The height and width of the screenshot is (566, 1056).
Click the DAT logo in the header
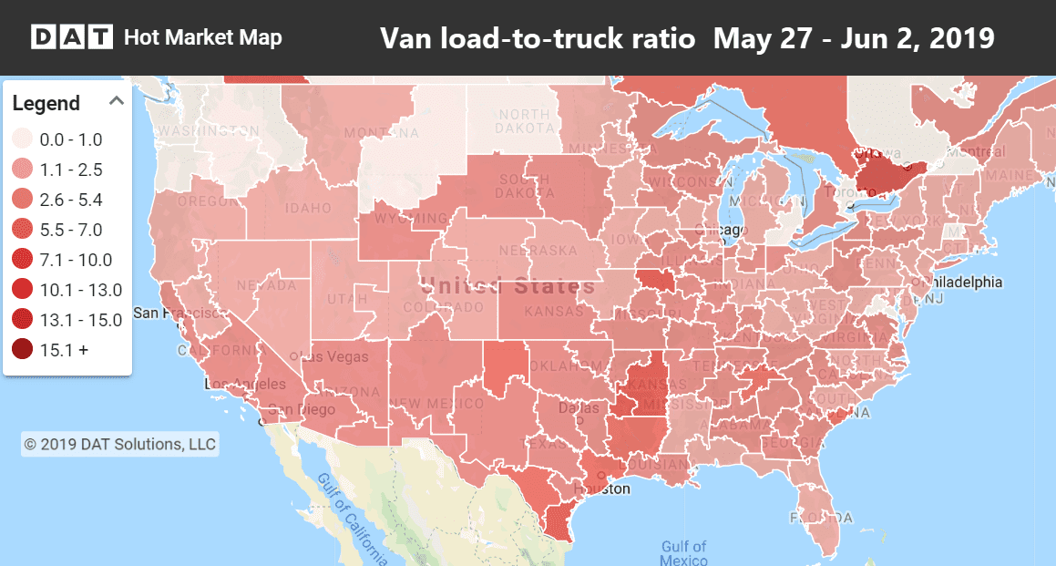click(x=72, y=37)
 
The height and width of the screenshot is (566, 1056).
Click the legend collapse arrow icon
click(x=117, y=101)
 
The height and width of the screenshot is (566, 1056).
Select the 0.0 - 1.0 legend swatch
click(x=23, y=139)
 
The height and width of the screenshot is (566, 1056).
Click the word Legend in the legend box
click(x=46, y=103)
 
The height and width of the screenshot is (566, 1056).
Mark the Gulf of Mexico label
click(x=683, y=553)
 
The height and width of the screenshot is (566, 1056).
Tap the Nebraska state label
click(x=544, y=251)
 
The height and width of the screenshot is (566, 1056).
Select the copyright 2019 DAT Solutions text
click(x=119, y=444)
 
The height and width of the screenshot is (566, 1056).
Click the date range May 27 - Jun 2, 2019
click(x=853, y=38)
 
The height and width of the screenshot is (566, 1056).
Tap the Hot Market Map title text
click(x=202, y=37)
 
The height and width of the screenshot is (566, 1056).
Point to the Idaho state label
click(x=309, y=210)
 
